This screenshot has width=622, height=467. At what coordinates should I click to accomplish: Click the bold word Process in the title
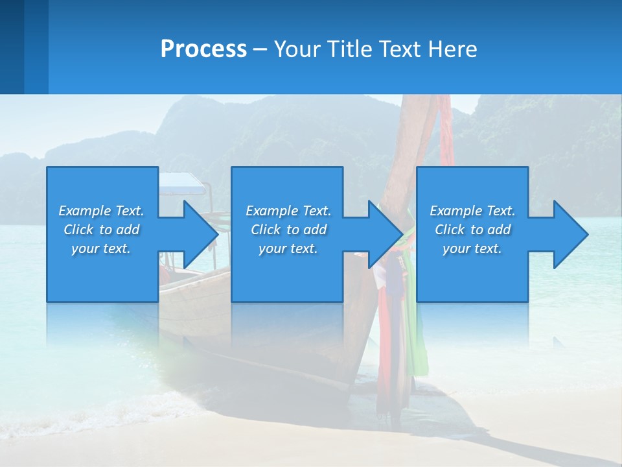203,49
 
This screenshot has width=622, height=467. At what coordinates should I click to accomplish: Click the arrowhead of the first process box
198,234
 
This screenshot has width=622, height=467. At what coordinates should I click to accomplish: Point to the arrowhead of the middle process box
383,234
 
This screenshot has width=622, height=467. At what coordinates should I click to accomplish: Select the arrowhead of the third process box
568,234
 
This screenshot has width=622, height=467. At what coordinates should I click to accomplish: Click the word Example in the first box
85,211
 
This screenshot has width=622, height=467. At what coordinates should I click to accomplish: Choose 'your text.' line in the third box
472,248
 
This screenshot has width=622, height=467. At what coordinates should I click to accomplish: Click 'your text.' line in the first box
101,248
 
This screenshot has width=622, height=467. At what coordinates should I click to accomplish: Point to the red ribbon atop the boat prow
446,130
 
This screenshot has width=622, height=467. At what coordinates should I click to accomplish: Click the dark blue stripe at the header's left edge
12,47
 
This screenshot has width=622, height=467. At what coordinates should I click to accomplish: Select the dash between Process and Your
260,49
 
